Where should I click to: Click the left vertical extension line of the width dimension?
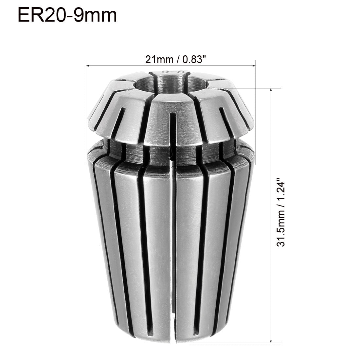(86, 98)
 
